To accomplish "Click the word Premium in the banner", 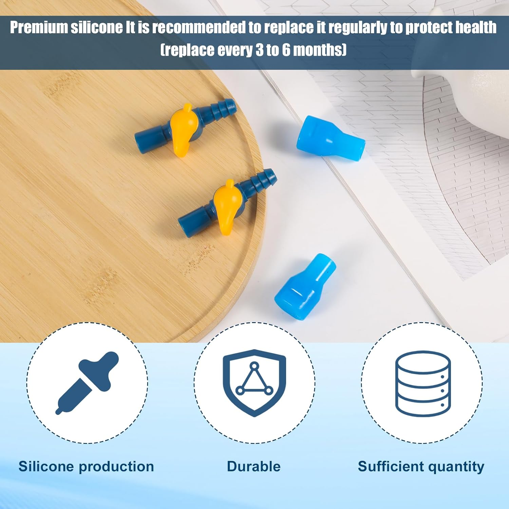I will [39, 27].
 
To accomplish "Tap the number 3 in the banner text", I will [259, 50].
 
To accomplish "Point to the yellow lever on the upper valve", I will [182, 129].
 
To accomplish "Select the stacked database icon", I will [423, 383].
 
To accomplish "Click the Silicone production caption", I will [86, 467].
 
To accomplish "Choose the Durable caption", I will [254, 467].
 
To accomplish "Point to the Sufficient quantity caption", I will [421, 467].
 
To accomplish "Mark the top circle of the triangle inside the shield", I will [254, 366].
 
